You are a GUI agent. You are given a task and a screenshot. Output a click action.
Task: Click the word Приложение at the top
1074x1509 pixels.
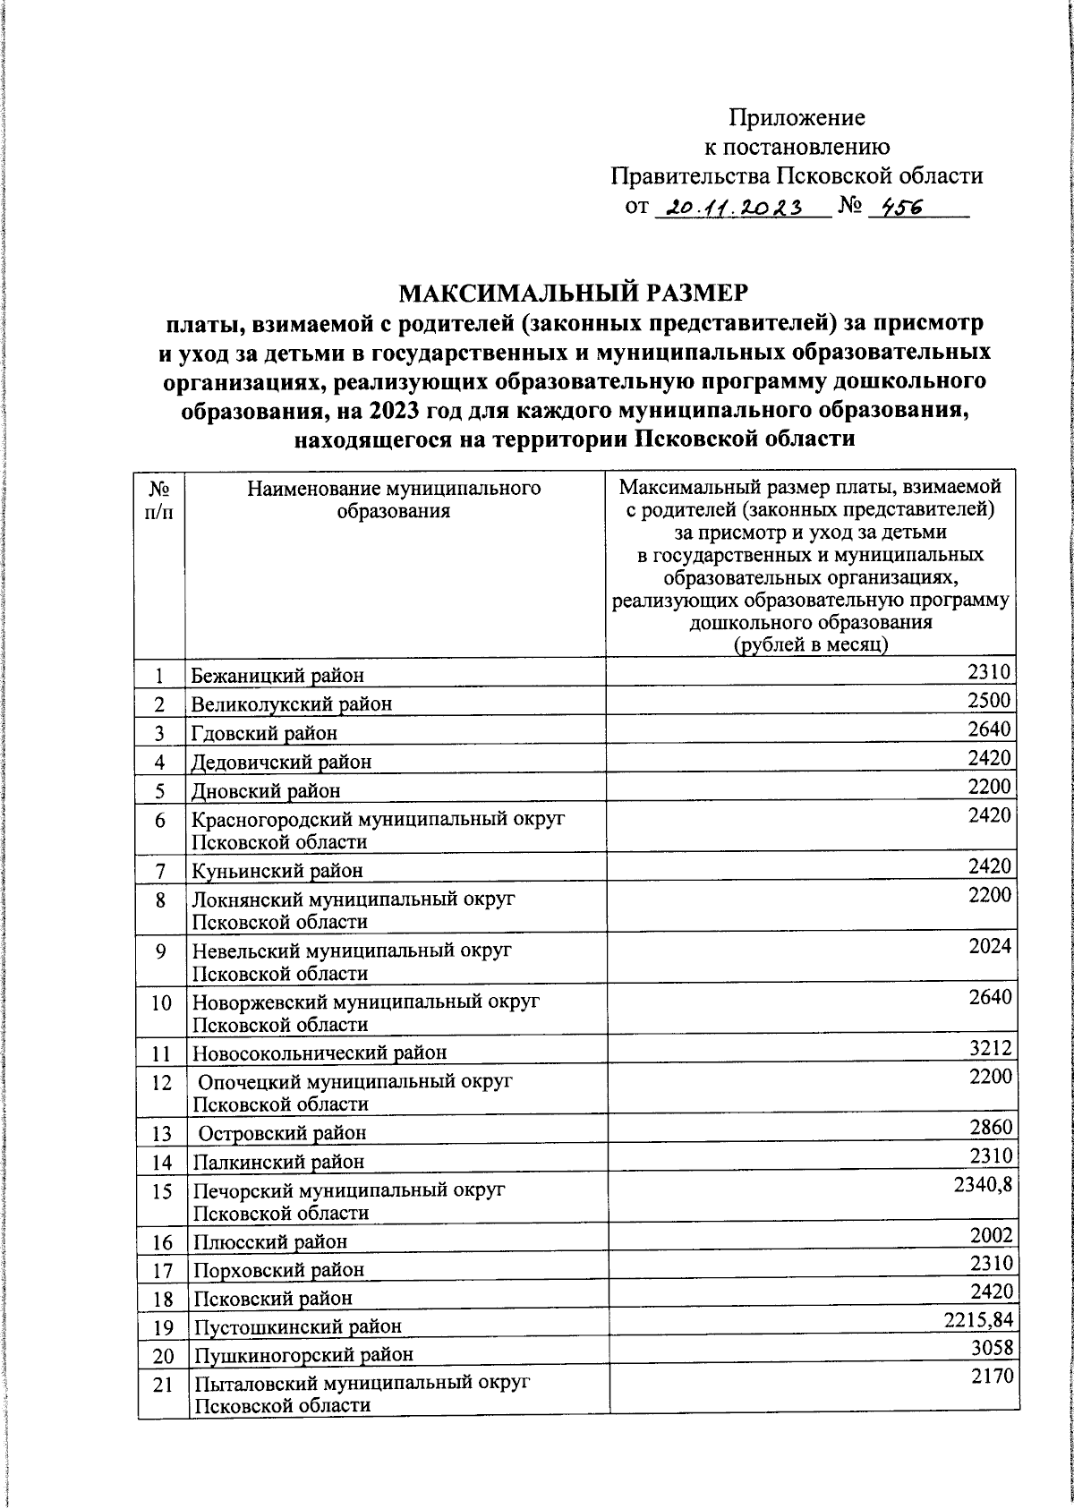[x=797, y=117]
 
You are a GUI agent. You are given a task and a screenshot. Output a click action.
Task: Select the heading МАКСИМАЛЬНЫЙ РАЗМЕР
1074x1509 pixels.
[x=573, y=293]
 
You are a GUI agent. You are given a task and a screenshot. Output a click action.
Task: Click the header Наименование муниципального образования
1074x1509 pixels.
[x=394, y=499]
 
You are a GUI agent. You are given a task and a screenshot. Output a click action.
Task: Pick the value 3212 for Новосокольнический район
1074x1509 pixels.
[x=990, y=1046]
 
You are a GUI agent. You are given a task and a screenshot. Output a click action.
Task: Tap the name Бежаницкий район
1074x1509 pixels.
[x=278, y=675]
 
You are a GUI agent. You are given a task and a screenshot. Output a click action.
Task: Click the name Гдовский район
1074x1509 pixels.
[x=265, y=733]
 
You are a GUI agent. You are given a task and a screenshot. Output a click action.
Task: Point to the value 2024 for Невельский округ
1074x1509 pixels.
[x=990, y=945]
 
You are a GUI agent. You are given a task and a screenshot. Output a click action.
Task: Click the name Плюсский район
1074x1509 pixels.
[x=269, y=1241]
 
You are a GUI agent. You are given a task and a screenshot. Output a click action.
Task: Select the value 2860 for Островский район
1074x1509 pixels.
[x=990, y=1126]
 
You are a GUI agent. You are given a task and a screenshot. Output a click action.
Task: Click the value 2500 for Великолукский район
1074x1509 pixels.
[x=990, y=699]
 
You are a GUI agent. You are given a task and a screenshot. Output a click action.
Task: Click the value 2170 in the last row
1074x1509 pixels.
[x=992, y=1377]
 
